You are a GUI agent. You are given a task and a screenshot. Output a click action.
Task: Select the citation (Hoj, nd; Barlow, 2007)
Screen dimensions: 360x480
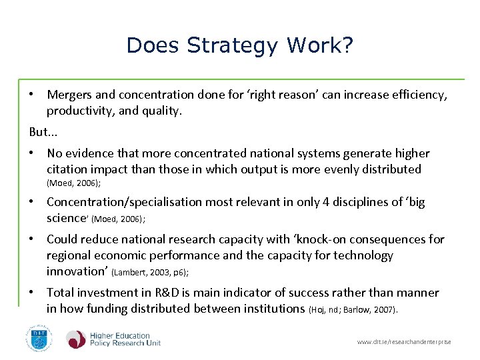tap(354, 309)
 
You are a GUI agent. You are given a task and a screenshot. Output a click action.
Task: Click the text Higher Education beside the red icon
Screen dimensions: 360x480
tap(120, 336)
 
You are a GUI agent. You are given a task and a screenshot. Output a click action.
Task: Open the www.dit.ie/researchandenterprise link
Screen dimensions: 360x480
tap(404, 342)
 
